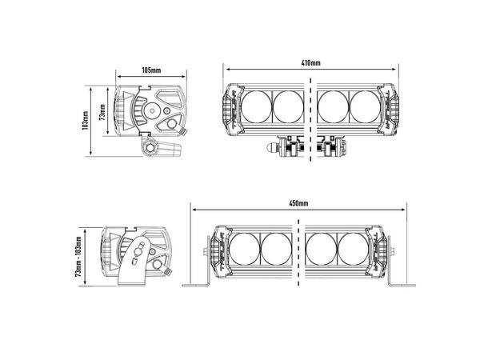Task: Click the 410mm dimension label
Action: (310, 63)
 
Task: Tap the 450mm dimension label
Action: (298, 203)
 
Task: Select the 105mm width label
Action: (151, 70)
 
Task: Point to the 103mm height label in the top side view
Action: (86, 121)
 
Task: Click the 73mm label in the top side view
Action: (102, 112)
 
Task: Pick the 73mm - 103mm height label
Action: (78, 256)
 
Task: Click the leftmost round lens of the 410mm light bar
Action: (257, 106)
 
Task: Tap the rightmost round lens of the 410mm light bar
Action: (365, 106)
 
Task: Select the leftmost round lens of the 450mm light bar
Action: (245, 249)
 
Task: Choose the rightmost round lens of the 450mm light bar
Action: (354, 249)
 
